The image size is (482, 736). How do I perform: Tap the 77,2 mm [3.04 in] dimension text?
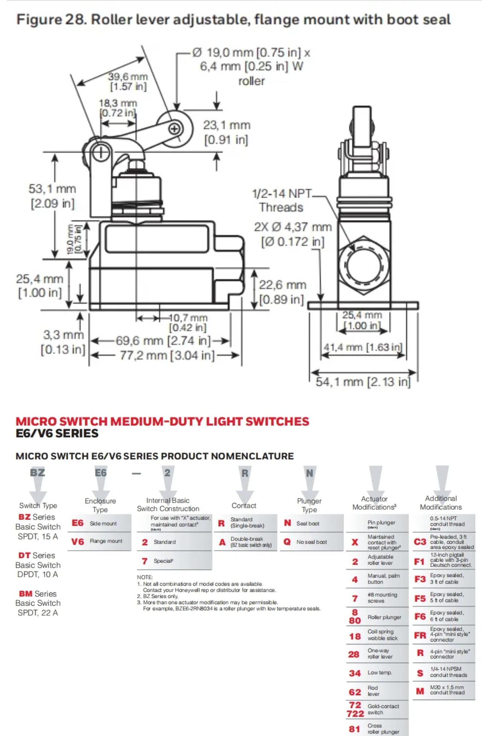167,355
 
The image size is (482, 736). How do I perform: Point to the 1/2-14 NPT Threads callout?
282,201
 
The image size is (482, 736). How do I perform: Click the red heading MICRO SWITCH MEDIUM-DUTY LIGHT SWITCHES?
162,421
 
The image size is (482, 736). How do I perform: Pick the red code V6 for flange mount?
78,541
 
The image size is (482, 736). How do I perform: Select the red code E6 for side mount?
78,523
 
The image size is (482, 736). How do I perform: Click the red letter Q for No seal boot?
287,542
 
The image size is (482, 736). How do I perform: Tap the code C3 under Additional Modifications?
420,542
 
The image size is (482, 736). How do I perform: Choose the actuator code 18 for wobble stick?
355,636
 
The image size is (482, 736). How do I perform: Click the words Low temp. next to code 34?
380,673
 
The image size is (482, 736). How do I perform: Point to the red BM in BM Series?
26,594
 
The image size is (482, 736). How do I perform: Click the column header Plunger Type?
309,505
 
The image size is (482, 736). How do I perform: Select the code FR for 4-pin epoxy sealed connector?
420,635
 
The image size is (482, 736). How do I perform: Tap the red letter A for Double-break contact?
222,542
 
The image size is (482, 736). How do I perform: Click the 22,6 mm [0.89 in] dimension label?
282,292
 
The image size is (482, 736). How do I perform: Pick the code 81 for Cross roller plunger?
354,729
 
